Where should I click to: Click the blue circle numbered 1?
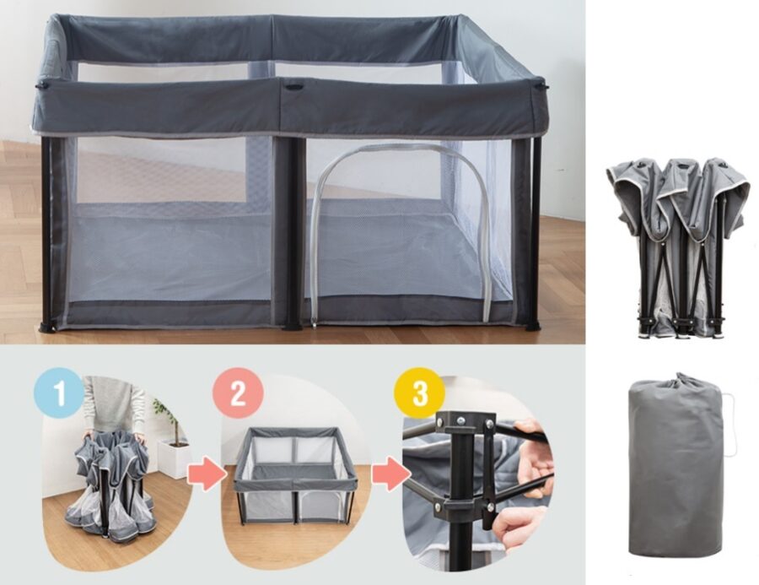coord(58,392)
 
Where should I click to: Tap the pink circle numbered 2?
coord(238,392)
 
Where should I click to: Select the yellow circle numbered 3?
coord(420,392)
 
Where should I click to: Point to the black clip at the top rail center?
coord(293,87)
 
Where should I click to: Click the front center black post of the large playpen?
coord(293,233)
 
